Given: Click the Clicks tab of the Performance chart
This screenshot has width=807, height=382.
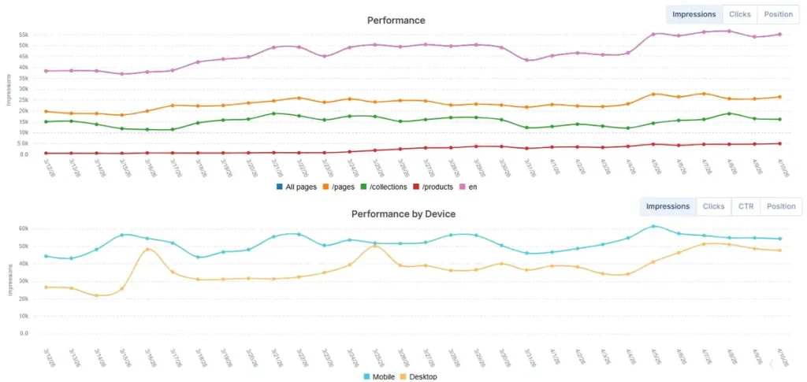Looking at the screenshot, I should click(740, 14).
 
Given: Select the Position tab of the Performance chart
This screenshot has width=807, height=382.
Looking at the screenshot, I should click(778, 14).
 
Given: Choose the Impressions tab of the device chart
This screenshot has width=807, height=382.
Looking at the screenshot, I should click(668, 206).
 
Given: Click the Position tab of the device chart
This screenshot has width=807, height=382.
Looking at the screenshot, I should click(780, 206).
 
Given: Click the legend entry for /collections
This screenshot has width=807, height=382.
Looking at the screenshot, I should click(384, 186).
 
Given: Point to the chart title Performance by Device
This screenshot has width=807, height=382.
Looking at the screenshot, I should click(403, 213).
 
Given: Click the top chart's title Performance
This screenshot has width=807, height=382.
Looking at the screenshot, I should click(396, 20).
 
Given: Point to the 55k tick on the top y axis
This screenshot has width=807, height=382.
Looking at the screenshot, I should click(24, 35).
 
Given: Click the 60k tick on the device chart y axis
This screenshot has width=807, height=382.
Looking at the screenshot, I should click(24, 228).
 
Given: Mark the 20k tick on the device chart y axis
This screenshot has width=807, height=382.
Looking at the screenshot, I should click(24, 299).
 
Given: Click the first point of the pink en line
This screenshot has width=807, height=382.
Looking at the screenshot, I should click(46, 71).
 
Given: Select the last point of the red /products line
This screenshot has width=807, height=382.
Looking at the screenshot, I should click(779, 143).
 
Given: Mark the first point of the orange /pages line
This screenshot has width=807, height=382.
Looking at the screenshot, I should click(46, 111).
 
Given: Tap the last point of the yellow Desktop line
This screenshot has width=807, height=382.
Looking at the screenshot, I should click(779, 250).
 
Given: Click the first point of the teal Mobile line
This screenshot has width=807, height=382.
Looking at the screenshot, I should click(46, 256).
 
